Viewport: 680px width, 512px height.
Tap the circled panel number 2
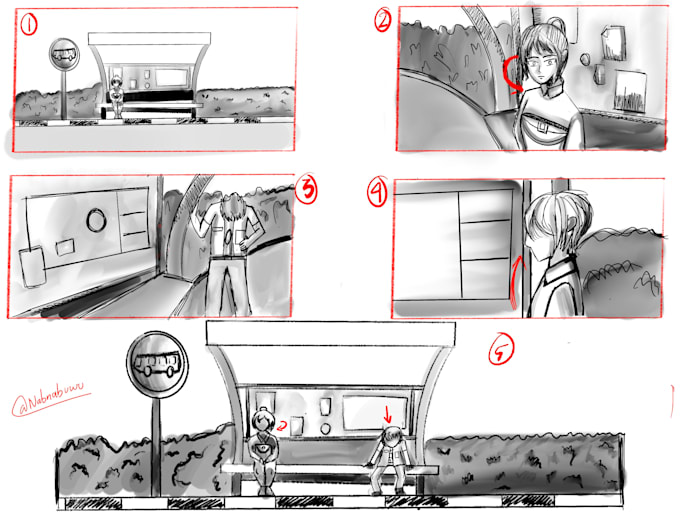[382, 20]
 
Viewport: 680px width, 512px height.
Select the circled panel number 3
[308, 189]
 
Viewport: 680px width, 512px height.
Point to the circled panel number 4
[377, 194]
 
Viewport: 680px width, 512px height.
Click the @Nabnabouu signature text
[50, 403]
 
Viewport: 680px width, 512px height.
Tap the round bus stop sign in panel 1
[65, 54]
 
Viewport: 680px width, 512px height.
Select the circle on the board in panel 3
[97, 218]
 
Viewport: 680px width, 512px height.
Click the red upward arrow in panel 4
[514, 280]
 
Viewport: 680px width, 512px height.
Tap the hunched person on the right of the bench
[388, 457]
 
